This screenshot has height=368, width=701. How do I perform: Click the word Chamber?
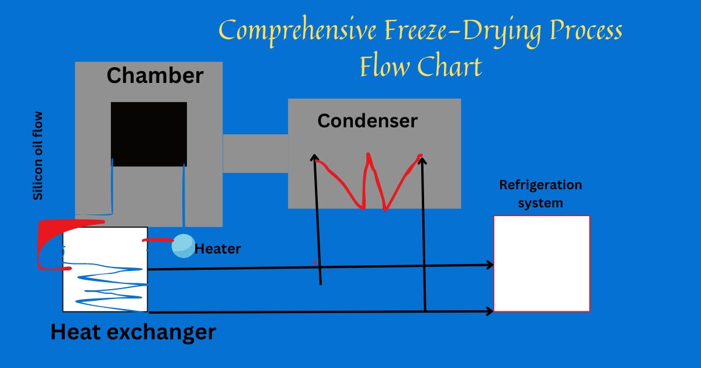click(x=155, y=76)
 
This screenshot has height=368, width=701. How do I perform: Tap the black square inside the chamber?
click(x=149, y=134)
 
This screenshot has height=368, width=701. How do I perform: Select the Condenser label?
click(x=367, y=121)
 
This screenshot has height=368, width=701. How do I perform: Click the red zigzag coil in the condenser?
click(x=367, y=181)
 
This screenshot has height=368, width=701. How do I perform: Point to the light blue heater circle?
click(x=183, y=245)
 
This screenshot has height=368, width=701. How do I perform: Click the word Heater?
click(x=217, y=249)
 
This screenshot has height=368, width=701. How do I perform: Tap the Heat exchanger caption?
click(x=133, y=332)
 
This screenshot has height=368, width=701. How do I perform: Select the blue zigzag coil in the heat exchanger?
click(x=108, y=286)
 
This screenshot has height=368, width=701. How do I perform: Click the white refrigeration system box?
click(x=542, y=263)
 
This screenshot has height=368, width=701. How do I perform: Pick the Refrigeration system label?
click(x=540, y=194)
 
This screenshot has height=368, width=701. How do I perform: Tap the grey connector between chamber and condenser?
click(x=255, y=154)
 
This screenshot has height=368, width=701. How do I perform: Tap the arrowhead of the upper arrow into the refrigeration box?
click(x=490, y=265)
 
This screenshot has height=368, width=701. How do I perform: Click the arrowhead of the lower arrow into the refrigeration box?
click(x=490, y=312)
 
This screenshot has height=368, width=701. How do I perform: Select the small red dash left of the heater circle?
click(x=158, y=240)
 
